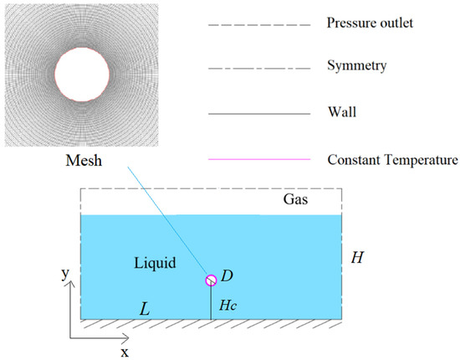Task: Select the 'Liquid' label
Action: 155,262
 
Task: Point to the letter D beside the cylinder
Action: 227,275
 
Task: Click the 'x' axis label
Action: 125,352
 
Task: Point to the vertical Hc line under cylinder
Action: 211,302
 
